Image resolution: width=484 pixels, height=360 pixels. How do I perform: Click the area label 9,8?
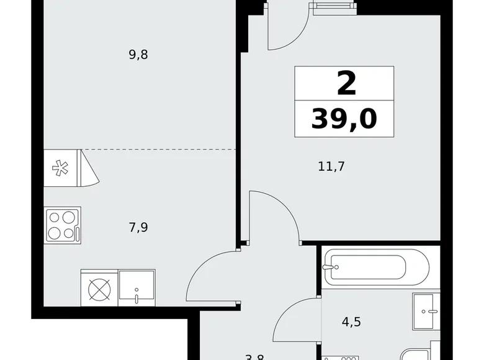(138, 55)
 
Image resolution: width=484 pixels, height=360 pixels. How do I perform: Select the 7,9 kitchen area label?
(138, 227)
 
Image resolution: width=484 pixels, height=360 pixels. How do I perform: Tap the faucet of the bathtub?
(329, 268)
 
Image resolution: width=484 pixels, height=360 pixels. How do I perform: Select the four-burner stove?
(62, 225)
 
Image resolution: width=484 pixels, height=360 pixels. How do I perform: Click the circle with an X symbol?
(99, 289)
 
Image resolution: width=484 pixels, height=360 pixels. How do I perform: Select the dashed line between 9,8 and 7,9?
(160, 150)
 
